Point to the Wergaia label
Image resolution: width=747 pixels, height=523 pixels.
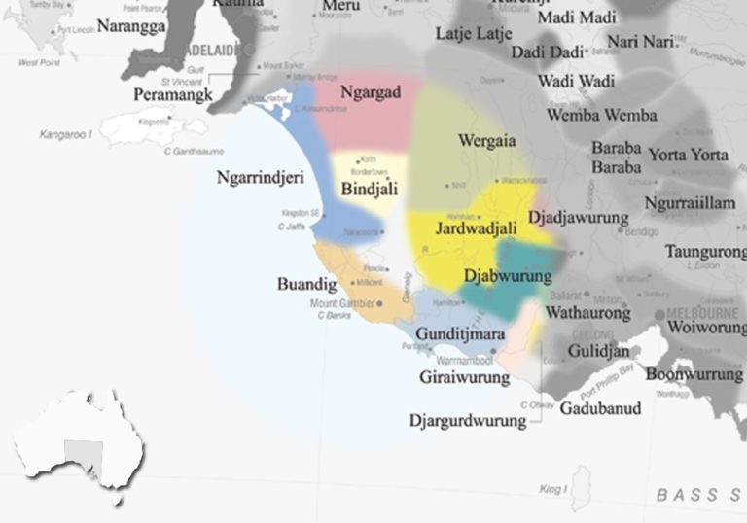(x=488, y=140)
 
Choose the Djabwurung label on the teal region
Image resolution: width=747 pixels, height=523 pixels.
(x=508, y=276)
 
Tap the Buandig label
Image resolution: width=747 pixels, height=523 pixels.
(x=306, y=285)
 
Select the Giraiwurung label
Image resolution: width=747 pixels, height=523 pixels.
(x=465, y=376)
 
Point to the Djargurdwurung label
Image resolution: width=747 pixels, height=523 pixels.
(x=468, y=421)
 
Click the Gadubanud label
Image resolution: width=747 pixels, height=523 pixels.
(x=600, y=408)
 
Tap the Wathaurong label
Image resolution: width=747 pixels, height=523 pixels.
(x=587, y=313)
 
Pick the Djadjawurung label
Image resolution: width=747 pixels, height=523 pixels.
(x=578, y=218)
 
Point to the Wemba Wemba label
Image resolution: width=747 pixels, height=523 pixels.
(x=601, y=115)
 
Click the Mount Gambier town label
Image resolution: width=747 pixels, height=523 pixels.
(x=342, y=303)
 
